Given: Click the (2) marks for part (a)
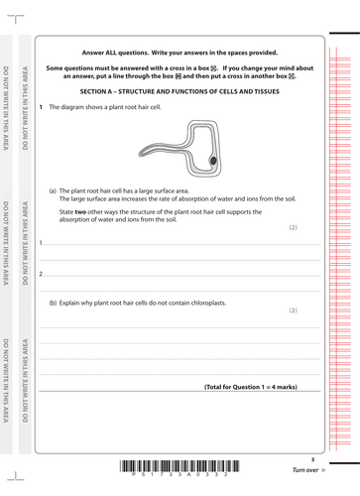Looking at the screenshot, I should [293, 228].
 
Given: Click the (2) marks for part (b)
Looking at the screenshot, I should [293, 310].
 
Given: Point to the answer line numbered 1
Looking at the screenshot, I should [179, 243].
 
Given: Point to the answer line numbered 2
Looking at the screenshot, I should [179, 274].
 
